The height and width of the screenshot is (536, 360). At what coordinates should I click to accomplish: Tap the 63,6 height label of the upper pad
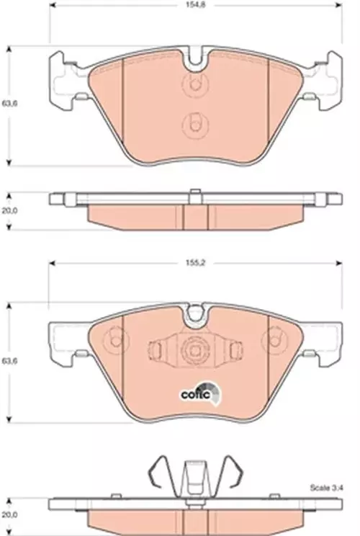coord(9,103)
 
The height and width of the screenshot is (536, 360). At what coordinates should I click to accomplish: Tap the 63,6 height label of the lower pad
coord(9,361)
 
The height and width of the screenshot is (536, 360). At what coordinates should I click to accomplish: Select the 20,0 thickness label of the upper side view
coord(9,210)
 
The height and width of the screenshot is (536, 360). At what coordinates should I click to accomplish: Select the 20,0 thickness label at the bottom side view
coord(9,514)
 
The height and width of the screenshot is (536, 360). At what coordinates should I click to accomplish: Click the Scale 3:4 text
coord(327,488)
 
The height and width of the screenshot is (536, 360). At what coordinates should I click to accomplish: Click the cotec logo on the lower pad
coord(201,393)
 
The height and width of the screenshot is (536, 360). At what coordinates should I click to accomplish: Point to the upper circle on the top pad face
coord(195,84)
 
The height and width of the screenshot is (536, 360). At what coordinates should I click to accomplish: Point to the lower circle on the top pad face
coord(195,125)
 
